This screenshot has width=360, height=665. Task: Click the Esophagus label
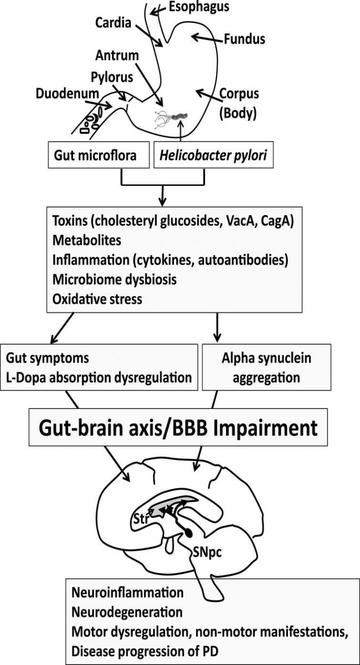pyautogui.click(x=198, y=7)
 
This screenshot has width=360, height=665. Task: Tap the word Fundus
pyautogui.click(x=244, y=38)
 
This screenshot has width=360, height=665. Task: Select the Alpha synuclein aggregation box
pyautogui.click(x=266, y=366)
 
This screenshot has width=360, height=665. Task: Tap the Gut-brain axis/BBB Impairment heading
pyautogui.click(x=177, y=427)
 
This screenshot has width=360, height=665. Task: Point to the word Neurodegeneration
pyautogui.click(x=127, y=611)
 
